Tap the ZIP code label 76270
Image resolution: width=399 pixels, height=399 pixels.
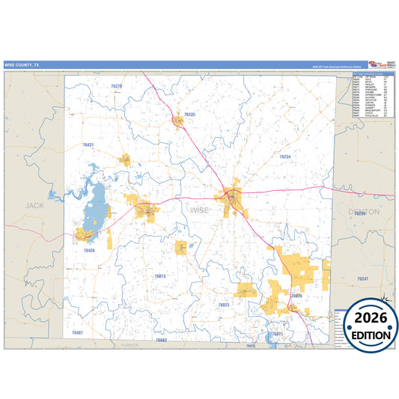click(x=116, y=87)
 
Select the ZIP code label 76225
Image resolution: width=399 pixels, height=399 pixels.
click(x=189, y=114)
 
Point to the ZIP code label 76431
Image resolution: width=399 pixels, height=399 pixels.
click(x=88, y=144)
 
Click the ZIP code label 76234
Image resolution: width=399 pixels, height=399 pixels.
click(x=284, y=156)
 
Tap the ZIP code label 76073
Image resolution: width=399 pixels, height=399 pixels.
click(x=159, y=276)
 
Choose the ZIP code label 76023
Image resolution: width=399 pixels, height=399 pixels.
click(x=224, y=305)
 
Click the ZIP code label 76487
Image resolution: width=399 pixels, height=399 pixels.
click(x=78, y=331)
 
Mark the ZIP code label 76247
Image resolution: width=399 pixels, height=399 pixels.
click(x=363, y=278)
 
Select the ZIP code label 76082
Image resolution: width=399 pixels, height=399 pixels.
click(x=161, y=340)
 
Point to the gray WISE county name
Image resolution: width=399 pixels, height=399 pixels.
click(x=200, y=210)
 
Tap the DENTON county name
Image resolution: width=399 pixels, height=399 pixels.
click(x=364, y=212)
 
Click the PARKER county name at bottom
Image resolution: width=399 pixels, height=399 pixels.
click(x=130, y=346)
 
